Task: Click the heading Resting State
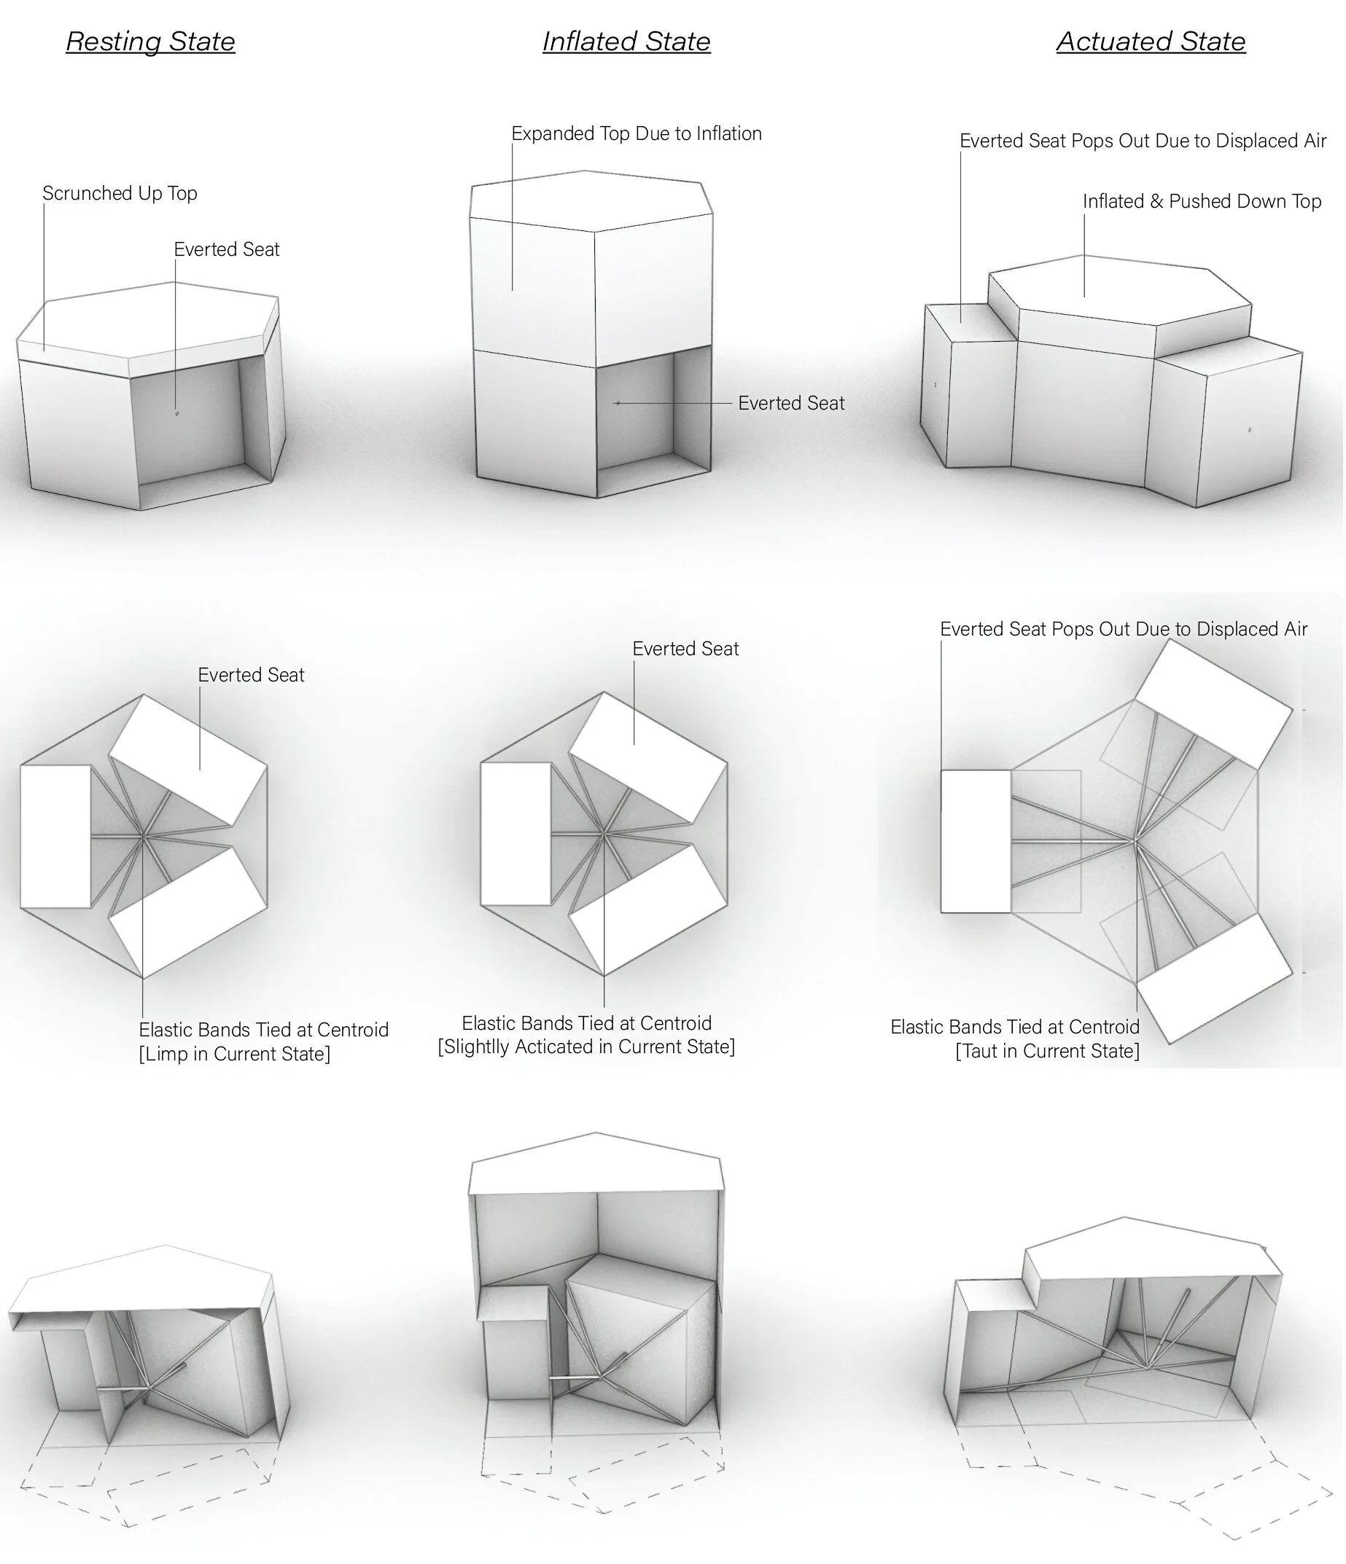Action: [x=150, y=42]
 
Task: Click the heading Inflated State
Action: [x=626, y=42]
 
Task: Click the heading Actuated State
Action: [x=1151, y=42]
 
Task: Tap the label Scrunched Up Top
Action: [x=120, y=193]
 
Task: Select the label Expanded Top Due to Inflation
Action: [x=636, y=133]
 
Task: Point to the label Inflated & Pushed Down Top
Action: [x=1201, y=202]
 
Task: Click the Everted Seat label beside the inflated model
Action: [x=791, y=403]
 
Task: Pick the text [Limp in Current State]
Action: [x=234, y=1054]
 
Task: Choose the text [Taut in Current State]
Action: [x=1047, y=1051]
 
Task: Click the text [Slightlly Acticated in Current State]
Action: [x=586, y=1047]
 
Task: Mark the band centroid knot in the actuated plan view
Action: [x=1135, y=840]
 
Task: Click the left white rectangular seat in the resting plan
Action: [x=55, y=837]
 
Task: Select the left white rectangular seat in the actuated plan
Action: [x=975, y=841]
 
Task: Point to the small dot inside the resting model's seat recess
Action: [x=176, y=413]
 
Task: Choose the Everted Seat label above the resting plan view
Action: [x=251, y=675]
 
